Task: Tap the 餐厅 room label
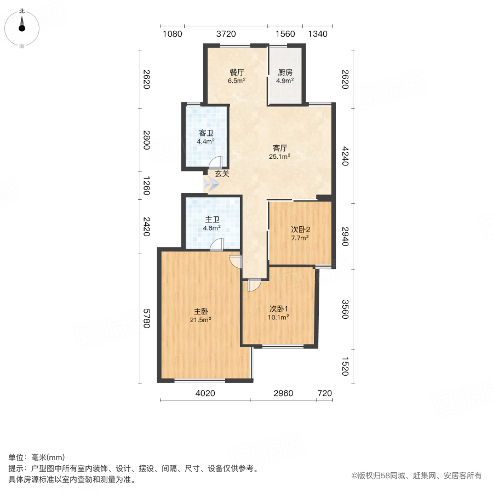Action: point(237,72)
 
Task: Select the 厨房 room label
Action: point(285,72)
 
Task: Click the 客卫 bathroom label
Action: point(205,133)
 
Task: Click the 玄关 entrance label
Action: point(222,174)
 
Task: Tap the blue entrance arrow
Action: point(211,185)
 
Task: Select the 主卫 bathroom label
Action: point(212,219)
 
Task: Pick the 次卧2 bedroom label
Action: point(300,230)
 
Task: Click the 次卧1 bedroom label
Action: point(279,308)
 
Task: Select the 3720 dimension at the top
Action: point(226,34)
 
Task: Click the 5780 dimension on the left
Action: point(147,318)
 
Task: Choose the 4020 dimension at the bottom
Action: point(206,393)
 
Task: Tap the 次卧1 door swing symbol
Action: point(254,285)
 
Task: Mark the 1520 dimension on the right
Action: point(345,366)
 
